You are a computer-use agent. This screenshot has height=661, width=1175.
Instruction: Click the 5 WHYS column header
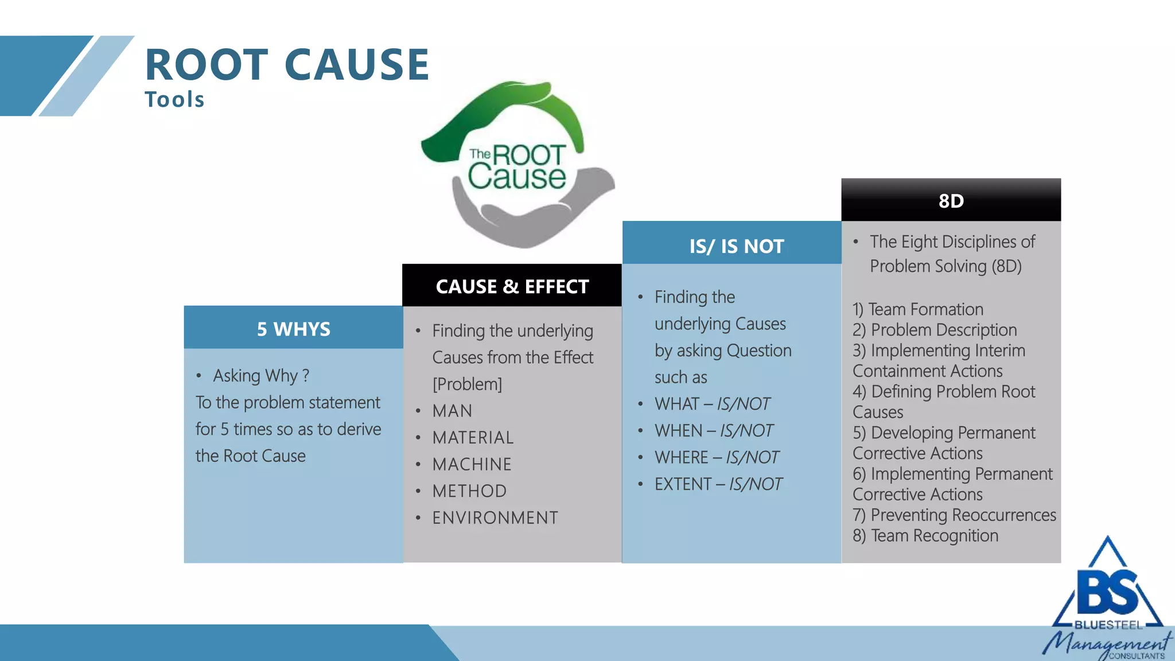tap(293, 329)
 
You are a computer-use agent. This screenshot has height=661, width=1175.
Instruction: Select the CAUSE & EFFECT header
tap(512, 286)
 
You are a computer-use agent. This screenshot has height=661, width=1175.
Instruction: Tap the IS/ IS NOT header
tap(736, 246)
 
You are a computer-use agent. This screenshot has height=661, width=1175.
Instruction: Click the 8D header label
tap(951, 201)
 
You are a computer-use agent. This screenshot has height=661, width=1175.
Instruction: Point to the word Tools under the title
tap(174, 100)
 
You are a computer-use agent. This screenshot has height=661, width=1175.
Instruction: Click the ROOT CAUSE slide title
tap(287, 64)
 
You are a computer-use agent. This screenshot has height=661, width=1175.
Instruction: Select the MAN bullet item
tap(452, 411)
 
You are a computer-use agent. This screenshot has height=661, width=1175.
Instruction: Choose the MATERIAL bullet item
tap(473, 438)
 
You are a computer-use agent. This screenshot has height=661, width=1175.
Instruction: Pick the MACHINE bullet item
tap(472, 464)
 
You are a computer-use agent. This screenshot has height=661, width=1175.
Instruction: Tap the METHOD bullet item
tap(469, 491)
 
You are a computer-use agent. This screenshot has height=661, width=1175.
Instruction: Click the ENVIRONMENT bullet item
tap(495, 518)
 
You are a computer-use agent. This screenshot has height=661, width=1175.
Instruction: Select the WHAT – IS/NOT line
tap(712, 404)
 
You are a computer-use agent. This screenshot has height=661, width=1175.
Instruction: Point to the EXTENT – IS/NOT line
tap(718, 484)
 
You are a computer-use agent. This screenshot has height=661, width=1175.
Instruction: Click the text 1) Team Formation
tap(917, 309)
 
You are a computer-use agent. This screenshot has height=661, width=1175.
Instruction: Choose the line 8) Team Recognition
tap(925, 535)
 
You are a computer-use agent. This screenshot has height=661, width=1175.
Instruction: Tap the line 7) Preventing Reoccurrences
tap(954, 515)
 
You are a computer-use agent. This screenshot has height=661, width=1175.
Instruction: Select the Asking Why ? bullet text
tap(261, 376)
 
